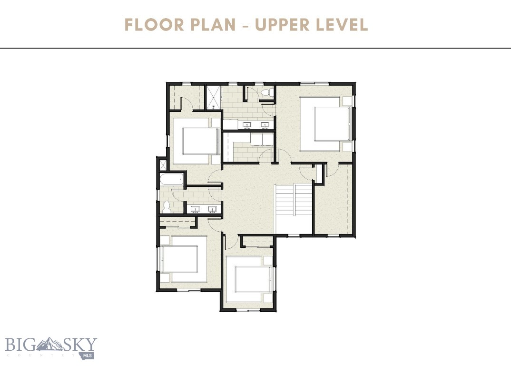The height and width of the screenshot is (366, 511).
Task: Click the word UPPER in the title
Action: click(x=283, y=25)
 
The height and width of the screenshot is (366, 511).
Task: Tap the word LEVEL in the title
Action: click(x=344, y=25)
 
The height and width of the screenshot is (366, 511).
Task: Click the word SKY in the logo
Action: click(x=81, y=344)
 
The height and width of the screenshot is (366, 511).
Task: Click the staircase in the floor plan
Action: click(x=294, y=201)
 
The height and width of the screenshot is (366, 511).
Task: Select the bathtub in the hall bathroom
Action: click(x=172, y=181)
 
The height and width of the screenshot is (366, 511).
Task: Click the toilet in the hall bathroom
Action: click(x=167, y=207)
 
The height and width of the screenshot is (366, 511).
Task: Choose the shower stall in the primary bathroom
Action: click(x=213, y=97)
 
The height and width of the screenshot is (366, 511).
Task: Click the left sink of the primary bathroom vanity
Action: click(x=247, y=125)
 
